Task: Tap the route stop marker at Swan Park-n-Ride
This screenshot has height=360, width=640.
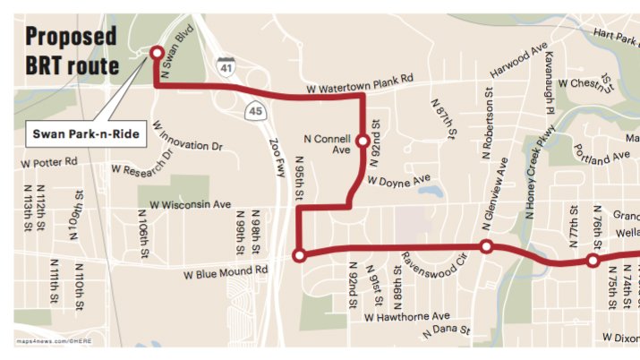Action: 157,53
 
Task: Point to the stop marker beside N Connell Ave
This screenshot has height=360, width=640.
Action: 363,141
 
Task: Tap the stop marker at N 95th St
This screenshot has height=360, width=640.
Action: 299,255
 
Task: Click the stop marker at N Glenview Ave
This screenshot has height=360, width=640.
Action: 486,246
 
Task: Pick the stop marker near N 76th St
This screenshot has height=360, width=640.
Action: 592,261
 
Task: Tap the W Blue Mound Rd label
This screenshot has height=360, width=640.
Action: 225,270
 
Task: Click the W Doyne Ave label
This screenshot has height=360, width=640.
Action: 400,180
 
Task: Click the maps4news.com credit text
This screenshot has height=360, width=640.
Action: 54,342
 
